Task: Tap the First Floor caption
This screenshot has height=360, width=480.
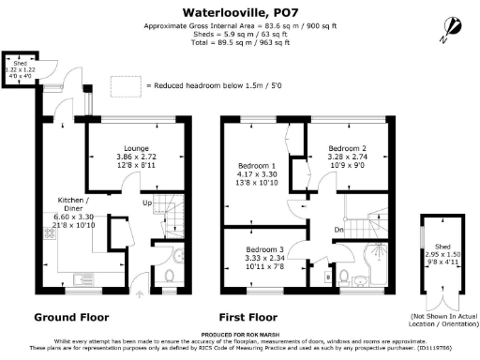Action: coord(251,317)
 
